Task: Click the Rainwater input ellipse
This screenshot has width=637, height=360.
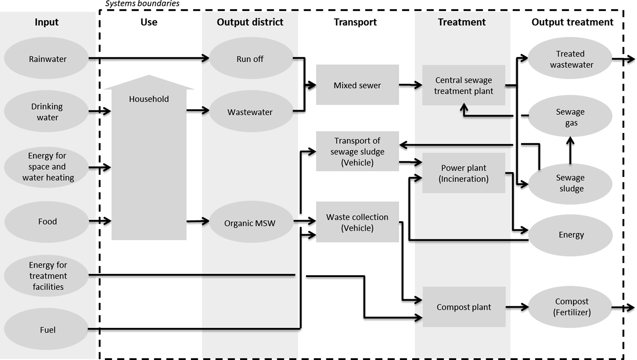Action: point(46,59)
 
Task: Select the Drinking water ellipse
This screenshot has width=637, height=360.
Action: point(46,112)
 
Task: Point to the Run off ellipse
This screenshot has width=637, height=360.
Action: point(250,59)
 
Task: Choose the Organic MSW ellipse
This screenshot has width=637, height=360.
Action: point(250,223)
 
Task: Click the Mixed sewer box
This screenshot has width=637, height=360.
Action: point(357,85)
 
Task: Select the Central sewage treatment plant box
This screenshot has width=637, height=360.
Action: point(463,85)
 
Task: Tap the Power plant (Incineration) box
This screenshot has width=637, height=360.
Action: point(463,173)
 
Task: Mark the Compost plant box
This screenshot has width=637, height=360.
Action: point(464,307)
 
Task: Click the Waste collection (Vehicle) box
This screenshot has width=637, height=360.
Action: point(357,222)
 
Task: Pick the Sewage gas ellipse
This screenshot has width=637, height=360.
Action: point(570,116)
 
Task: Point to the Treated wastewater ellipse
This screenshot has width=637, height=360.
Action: point(570,59)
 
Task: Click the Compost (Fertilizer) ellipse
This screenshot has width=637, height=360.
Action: point(570,307)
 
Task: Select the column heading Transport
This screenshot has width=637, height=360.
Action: point(355,22)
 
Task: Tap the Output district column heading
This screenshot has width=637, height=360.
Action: point(250,22)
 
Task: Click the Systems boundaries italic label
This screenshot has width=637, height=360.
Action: point(142,4)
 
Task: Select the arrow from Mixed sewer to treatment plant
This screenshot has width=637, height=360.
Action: point(410,85)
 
